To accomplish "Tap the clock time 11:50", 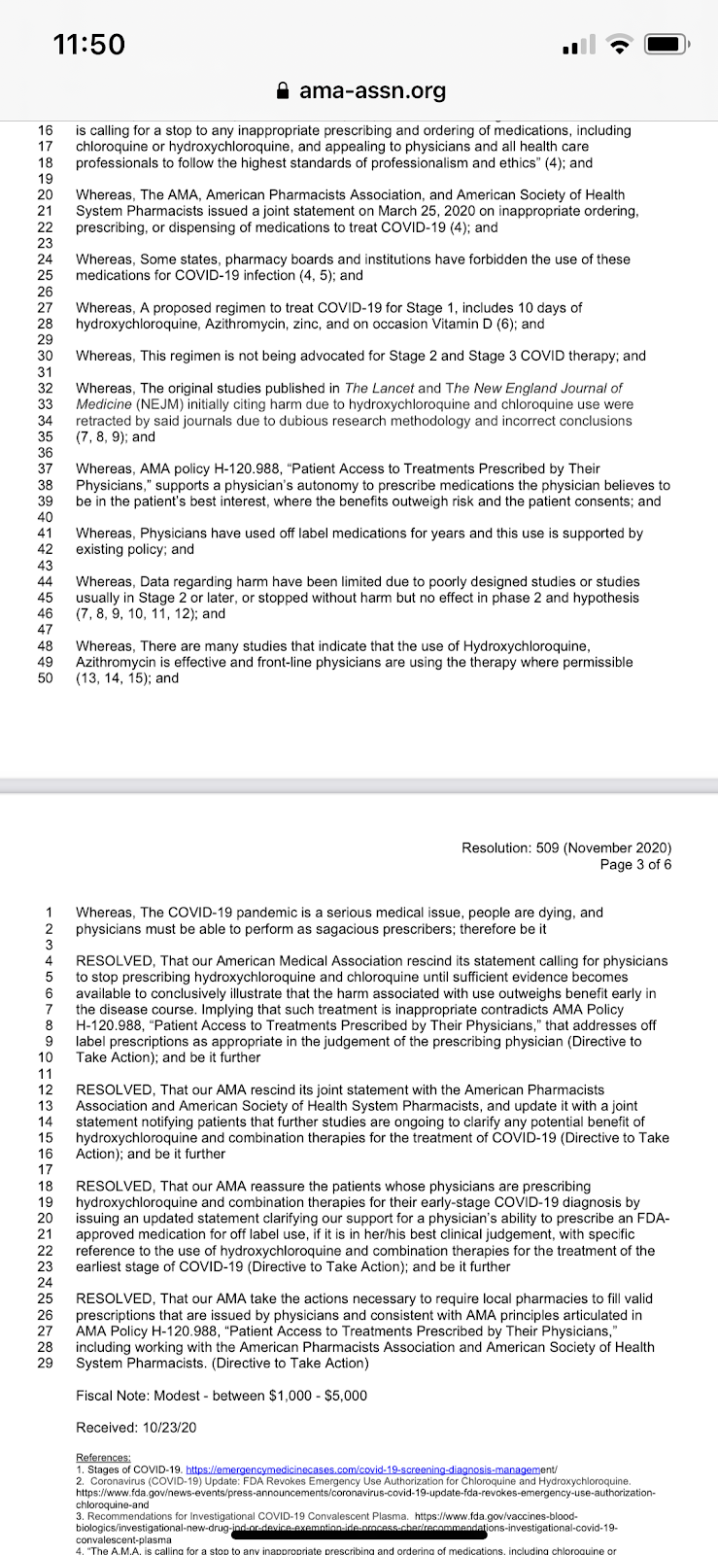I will [89, 44].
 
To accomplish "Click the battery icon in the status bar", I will [667, 44].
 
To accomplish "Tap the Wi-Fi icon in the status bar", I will [618, 44].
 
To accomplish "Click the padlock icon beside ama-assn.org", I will [283, 91].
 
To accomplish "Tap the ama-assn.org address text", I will [372, 91].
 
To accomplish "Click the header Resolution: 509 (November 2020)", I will [566, 847].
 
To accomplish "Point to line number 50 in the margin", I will [45, 678].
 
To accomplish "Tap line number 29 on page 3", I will [45, 1363].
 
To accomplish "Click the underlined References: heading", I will [103, 1458].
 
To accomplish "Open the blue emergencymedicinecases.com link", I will [370, 1469].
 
